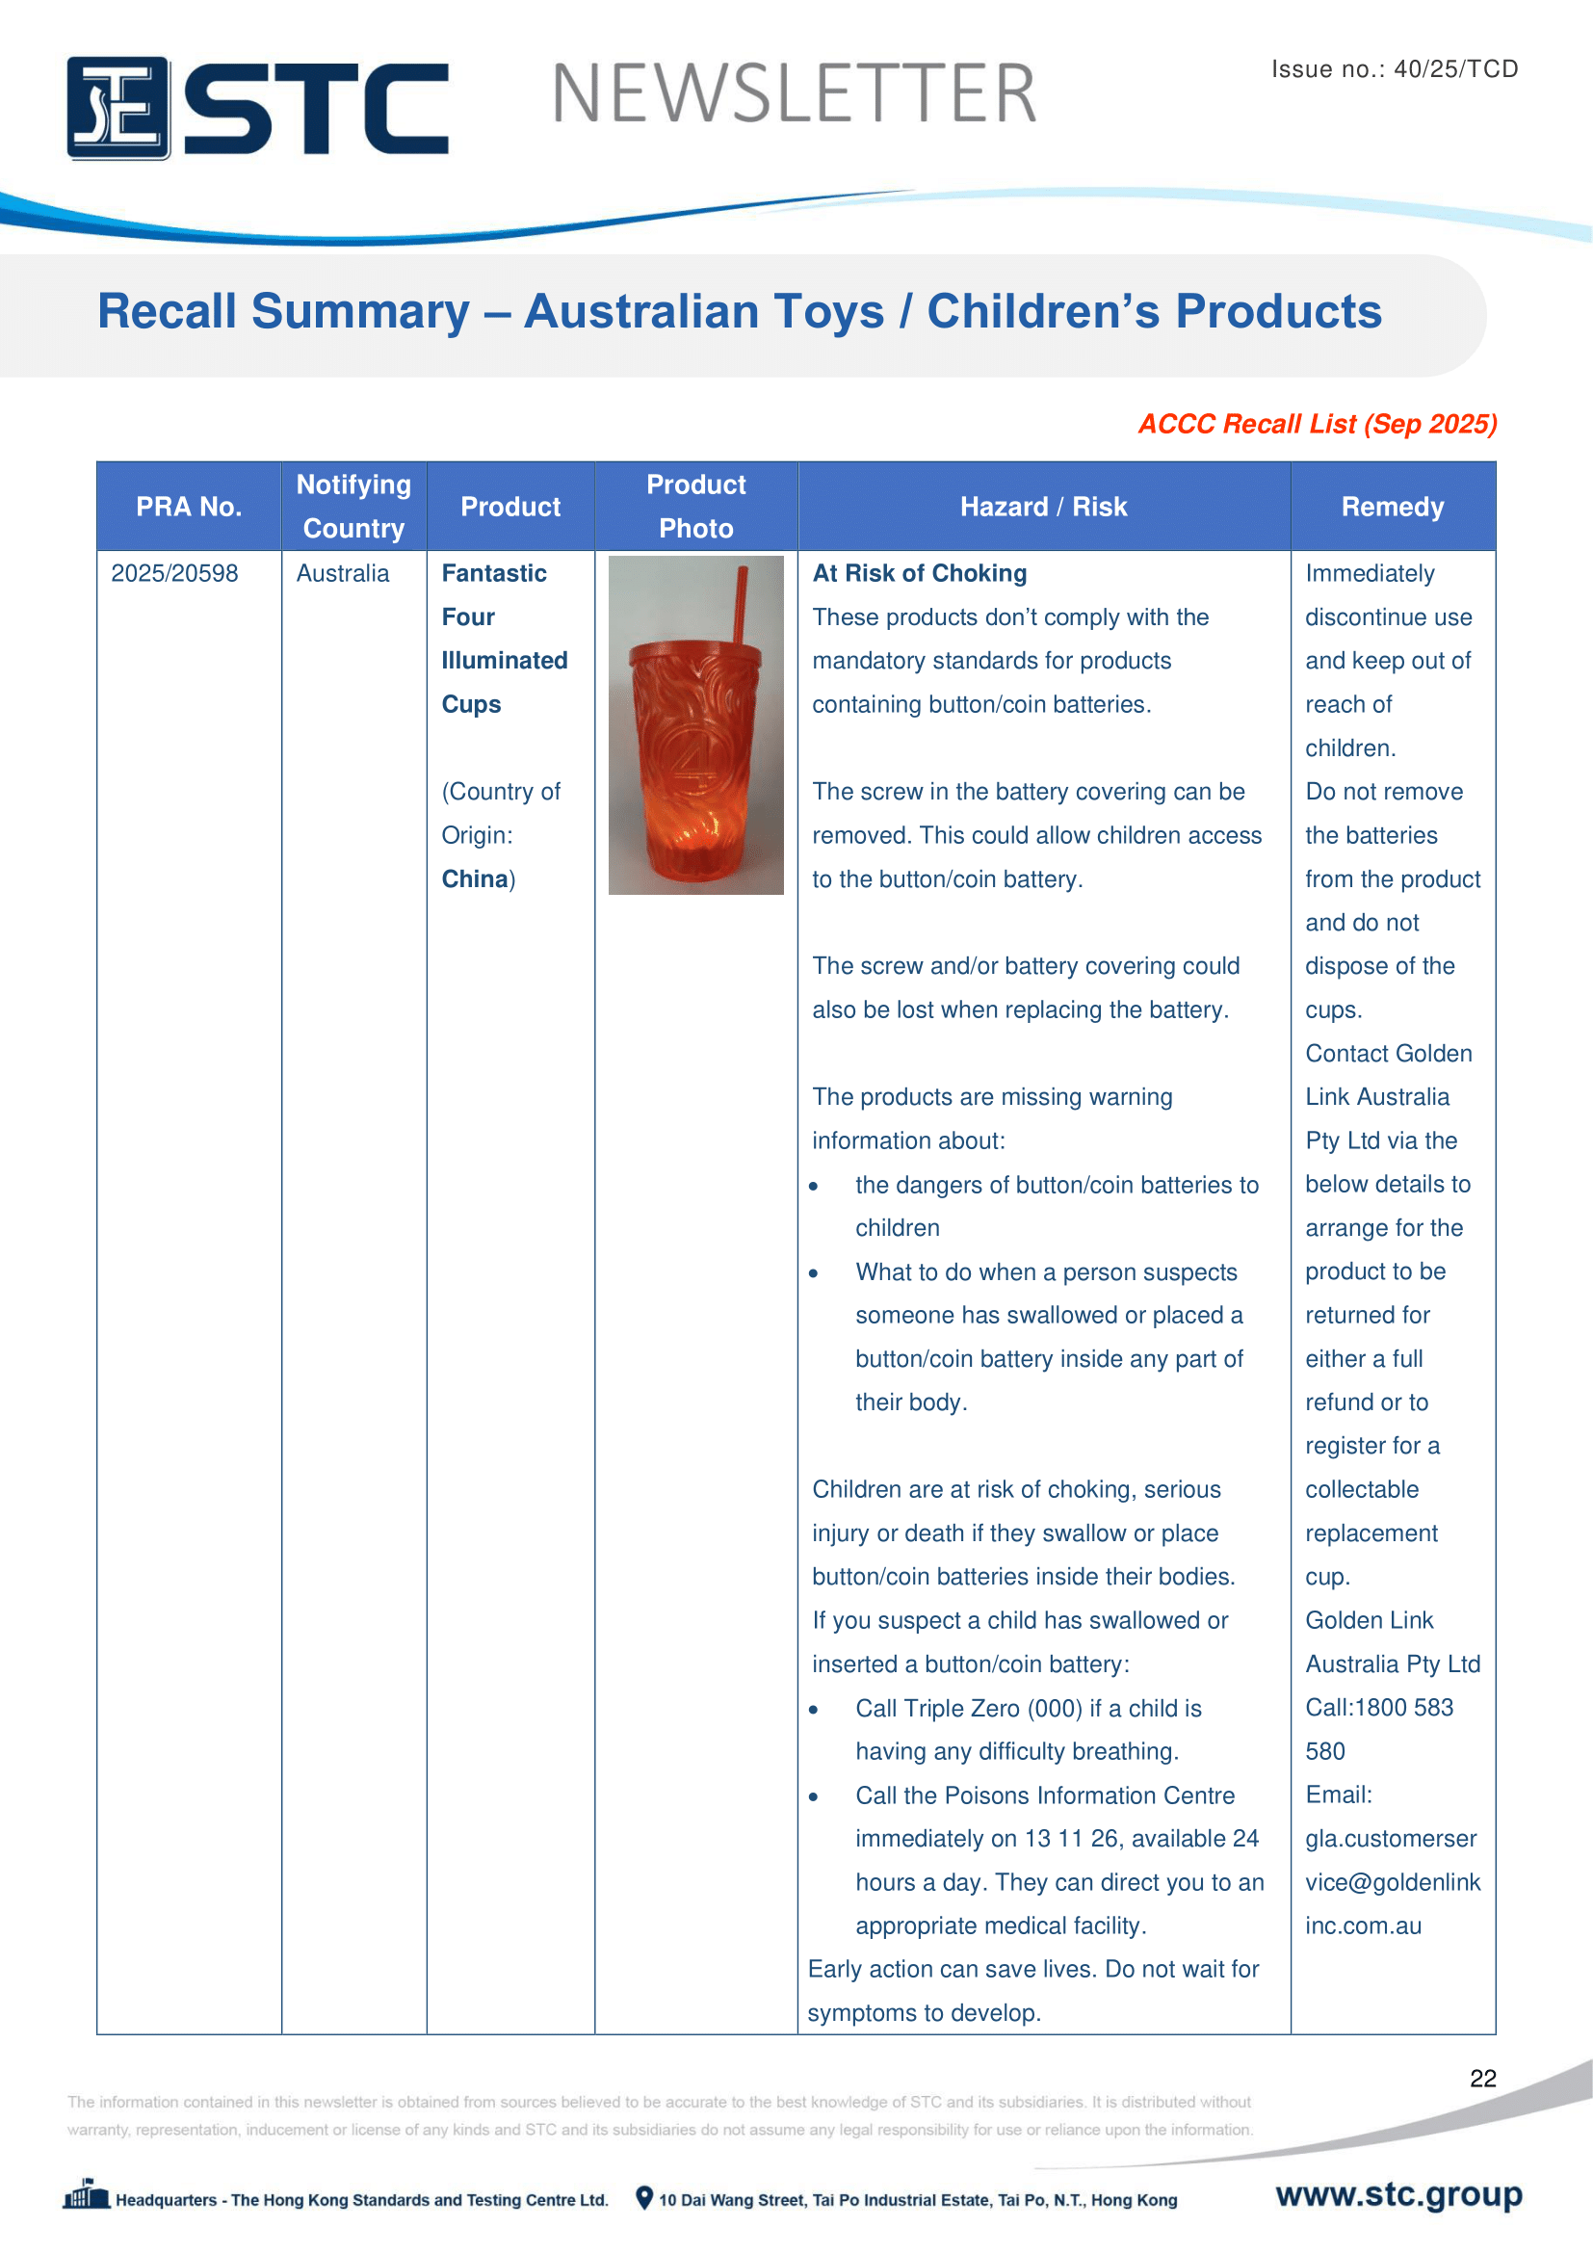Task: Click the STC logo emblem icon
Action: pyautogui.click(x=118, y=108)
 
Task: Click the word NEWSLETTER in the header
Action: pyautogui.click(x=794, y=94)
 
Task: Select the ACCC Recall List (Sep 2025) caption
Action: pyautogui.click(x=1317, y=424)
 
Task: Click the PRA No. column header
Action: pyautogui.click(x=189, y=507)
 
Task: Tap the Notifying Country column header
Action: pyautogui.click(x=353, y=507)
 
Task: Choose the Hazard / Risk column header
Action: pyautogui.click(x=1043, y=507)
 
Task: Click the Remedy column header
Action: pyautogui.click(x=1392, y=507)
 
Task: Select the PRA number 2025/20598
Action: pyautogui.click(x=174, y=573)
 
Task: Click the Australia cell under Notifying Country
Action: pyautogui.click(x=342, y=573)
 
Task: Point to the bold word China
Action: pyautogui.click(x=474, y=878)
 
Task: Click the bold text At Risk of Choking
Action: pyautogui.click(x=919, y=573)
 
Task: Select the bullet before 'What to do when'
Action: pyautogui.click(x=813, y=1273)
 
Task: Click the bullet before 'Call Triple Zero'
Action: pyautogui.click(x=813, y=1710)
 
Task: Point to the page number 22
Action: pyautogui.click(x=1482, y=2079)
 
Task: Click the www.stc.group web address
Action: pyautogui.click(x=1397, y=2194)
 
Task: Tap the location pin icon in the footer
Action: pyautogui.click(x=644, y=2198)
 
